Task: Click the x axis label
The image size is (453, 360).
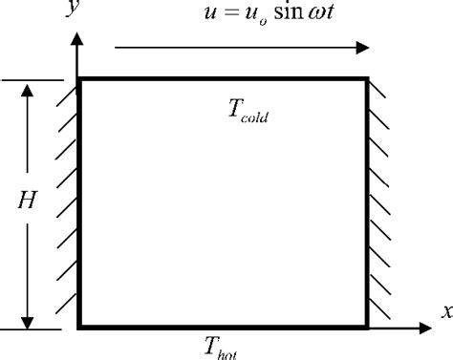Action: point(444,310)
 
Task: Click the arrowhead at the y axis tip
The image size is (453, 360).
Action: point(77,40)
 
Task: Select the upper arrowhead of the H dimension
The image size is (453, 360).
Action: point(29,91)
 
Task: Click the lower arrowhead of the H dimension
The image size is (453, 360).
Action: point(29,317)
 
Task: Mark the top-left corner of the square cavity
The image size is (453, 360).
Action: point(79,80)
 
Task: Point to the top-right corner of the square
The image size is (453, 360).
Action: point(367,80)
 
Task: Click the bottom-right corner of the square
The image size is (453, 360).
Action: point(367,328)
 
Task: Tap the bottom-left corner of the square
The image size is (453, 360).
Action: point(79,328)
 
